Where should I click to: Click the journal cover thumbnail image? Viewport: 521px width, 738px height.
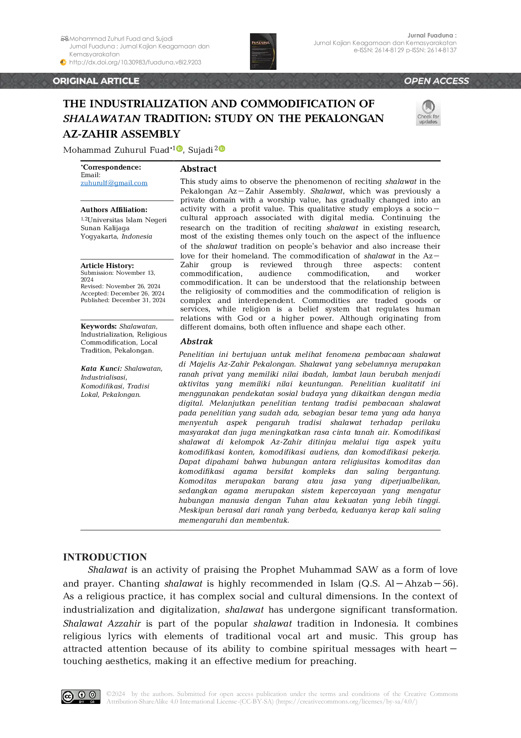[263, 51]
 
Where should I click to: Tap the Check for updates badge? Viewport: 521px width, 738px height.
[428, 112]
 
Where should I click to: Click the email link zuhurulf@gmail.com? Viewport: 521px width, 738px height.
[114, 183]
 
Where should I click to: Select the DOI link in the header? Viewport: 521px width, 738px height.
[135, 62]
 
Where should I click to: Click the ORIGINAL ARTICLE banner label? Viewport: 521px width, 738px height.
[96, 81]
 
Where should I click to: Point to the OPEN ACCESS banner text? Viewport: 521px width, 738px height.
[436, 81]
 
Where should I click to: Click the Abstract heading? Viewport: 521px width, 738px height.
[198, 169]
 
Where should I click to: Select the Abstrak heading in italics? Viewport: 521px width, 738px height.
[197, 341]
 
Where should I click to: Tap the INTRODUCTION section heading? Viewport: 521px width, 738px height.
[105, 557]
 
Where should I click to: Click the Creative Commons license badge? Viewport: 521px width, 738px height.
[81, 697]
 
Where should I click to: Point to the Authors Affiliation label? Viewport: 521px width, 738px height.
[114, 210]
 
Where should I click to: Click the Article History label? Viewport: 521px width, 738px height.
[107, 265]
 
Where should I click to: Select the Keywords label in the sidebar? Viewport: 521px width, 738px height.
[98, 326]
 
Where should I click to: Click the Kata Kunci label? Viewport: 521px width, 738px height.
[101, 368]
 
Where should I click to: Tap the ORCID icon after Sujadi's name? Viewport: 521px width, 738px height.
[222, 149]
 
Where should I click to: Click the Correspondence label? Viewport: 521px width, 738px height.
[111, 167]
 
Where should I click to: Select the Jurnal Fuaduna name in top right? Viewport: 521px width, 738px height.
[432, 35]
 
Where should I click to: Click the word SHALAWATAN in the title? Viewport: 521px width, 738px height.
[102, 119]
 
